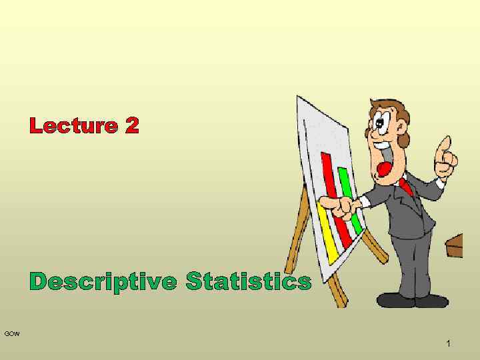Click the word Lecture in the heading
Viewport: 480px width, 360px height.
[71, 125]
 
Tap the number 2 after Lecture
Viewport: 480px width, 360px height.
[131, 125]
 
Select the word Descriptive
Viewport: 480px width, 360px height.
[103, 282]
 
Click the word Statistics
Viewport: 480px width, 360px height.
[248, 281]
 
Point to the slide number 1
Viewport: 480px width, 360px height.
[448, 343]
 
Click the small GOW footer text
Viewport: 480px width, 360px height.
[12, 333]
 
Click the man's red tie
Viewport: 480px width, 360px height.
[405, 186]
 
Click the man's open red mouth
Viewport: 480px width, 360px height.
[385, 169]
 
